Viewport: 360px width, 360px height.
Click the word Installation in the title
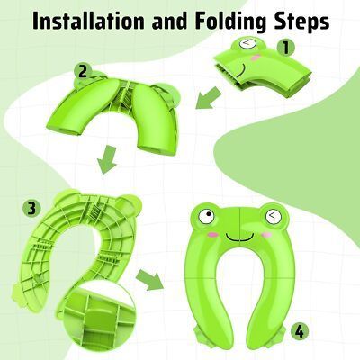coord(88,21)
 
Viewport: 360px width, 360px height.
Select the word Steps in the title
coord(301,22)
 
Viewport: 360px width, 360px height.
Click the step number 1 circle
coord(285,48)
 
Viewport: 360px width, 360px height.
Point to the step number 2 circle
coord(83,71)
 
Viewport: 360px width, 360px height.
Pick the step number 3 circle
coord(31,208)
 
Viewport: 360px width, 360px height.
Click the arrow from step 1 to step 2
coord(209,97)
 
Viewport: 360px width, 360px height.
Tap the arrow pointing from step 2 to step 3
coord(107,159)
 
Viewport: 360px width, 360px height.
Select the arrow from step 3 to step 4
coord(150,279)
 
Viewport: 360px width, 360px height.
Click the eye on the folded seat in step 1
coord(247,43)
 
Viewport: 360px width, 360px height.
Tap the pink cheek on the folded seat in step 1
coord(255,58)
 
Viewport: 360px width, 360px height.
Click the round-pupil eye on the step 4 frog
coord(206,216)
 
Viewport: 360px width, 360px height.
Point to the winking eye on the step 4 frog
coord(274,216)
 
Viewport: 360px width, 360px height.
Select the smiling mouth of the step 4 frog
coord(240,237)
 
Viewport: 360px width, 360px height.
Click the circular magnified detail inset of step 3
coord(96,317)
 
